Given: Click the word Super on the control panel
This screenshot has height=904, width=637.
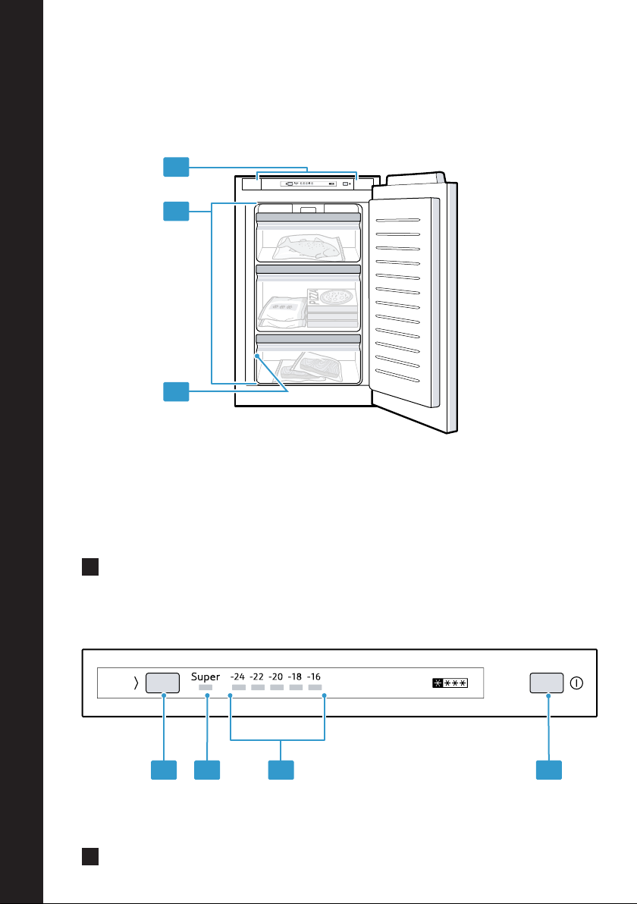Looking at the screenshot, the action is (206, 676).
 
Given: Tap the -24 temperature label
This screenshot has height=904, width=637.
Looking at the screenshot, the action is (237, 676).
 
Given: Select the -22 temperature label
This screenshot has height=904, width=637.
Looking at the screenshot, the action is (256, 676).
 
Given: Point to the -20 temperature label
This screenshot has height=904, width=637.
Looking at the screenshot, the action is (275, 676).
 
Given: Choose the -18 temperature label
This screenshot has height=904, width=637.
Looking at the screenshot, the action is (294, 676).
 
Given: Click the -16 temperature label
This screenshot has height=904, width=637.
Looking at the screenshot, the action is (314, 676).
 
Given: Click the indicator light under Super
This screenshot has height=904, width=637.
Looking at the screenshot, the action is (206, 687).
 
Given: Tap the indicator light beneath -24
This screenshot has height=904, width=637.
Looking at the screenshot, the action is (239, 687).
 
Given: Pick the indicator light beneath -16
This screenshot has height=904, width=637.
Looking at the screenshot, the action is (315, 687).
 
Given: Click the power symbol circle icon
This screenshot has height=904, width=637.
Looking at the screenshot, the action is (576, 683).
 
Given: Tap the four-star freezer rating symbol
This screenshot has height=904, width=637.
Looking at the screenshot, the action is (450, 683).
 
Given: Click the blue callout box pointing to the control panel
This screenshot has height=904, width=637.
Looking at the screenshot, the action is (177, 167).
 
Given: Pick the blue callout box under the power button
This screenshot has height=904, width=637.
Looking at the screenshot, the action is (549, 771).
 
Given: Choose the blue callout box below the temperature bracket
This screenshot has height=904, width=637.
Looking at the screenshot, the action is (281, 771).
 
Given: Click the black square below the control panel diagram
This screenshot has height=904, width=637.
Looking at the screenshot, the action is (90, 857).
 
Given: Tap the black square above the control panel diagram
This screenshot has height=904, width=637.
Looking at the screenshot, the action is (90, 567).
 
